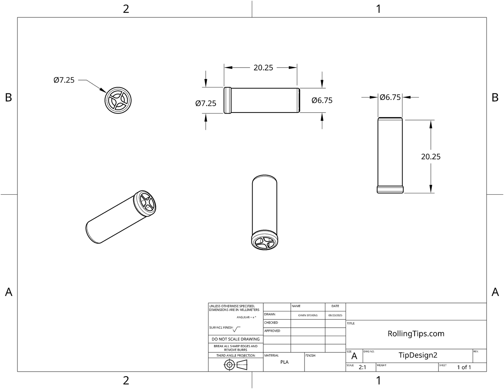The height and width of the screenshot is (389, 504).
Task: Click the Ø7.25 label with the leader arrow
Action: tap(64, 80)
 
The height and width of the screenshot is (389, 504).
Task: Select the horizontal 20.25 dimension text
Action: tap(263, 68)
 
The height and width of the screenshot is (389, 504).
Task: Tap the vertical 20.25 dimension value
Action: tap(431, 157)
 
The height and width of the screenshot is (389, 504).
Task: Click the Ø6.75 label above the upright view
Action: tap(390, 97)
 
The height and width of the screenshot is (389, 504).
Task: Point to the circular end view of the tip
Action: tap(118, 100)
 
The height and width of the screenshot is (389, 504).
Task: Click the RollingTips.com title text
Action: tap(416, 334)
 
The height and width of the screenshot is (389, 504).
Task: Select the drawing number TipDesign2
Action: tap(418, 355)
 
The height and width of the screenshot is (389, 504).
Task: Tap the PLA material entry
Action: tap(284, 362)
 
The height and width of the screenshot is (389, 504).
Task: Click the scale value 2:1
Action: tap(362, 367)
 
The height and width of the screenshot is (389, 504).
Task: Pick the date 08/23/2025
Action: tap(335, 315)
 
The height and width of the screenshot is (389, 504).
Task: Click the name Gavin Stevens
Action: tap(308, 315)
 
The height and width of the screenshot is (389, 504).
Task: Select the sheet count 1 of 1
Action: tap(464, 367)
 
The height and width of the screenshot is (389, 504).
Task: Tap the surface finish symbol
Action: tap(236, 329)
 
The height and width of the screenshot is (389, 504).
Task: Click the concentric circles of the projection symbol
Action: tap(229, 365)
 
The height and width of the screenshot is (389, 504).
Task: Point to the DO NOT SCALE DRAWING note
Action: tap(235, 339)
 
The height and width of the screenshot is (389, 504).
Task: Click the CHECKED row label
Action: tap(271, 323)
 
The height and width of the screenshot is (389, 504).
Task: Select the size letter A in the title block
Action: tap(354, 356)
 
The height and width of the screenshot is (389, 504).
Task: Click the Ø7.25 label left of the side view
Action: tap(206, 103)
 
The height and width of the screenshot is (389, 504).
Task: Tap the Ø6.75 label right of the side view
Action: tap(322, 100)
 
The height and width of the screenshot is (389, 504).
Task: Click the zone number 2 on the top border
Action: tap(126, 9)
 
